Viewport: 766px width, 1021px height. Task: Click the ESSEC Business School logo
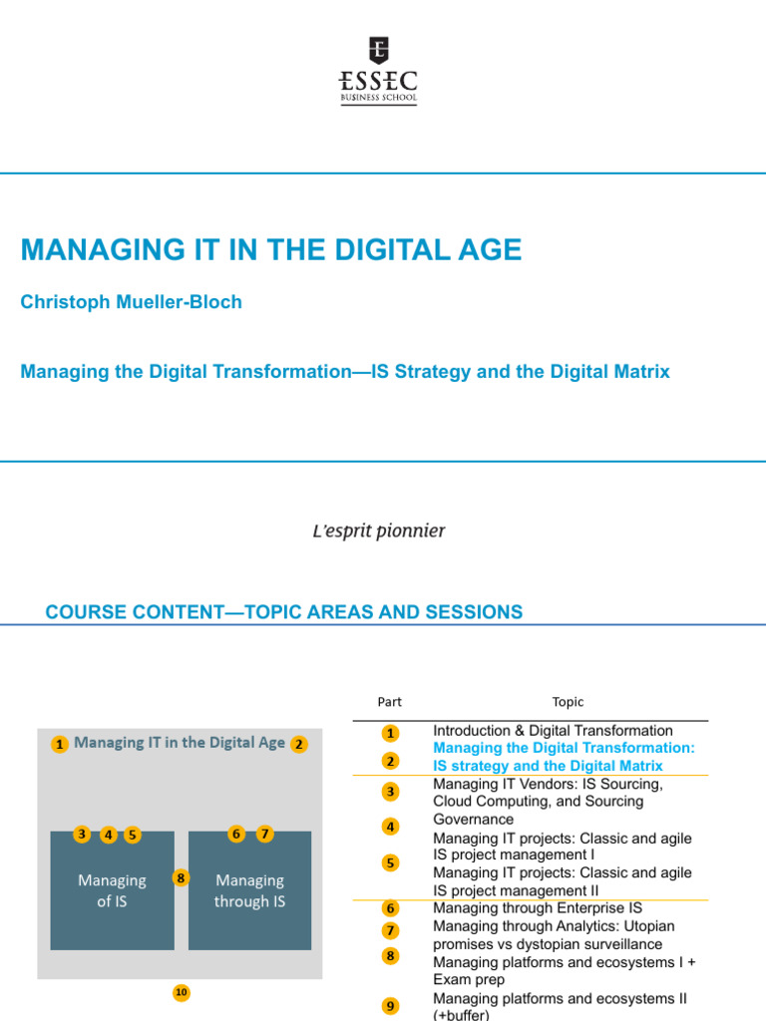(379, 71)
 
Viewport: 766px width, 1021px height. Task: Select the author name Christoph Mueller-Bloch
(131, 302)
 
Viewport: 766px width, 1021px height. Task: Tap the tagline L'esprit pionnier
(379, 530)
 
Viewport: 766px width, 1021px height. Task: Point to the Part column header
(389, 702)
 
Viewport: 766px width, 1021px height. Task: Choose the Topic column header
(568, 702)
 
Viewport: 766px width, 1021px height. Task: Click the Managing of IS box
(113, 890)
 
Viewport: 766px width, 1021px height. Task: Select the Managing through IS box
(249, 890)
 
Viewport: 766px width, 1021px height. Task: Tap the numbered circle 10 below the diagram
(181, 992)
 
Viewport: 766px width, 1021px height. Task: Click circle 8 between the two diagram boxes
(181, 878)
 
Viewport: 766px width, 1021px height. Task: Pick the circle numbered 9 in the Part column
(390, 1007)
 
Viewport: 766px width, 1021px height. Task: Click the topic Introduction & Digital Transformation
(553, 731)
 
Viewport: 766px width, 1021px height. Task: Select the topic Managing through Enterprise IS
(538, 908)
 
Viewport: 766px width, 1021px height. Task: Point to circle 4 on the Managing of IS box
(108, 835)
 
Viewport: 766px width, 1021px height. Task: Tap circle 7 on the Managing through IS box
(264, 835)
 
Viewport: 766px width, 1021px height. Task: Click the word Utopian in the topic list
(650, 926)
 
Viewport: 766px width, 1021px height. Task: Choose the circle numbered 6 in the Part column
(390, 908)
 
